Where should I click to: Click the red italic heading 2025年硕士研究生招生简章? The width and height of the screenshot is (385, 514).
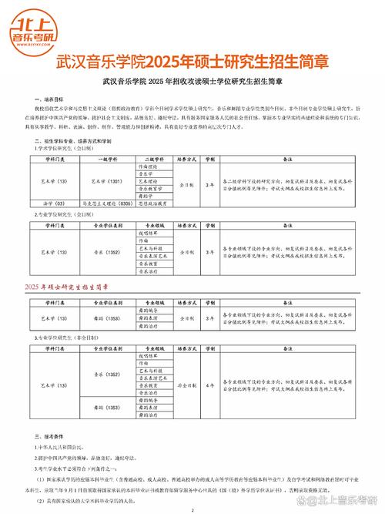pos(74,286)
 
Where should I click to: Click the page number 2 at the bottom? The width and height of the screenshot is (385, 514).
pos(192,509)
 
